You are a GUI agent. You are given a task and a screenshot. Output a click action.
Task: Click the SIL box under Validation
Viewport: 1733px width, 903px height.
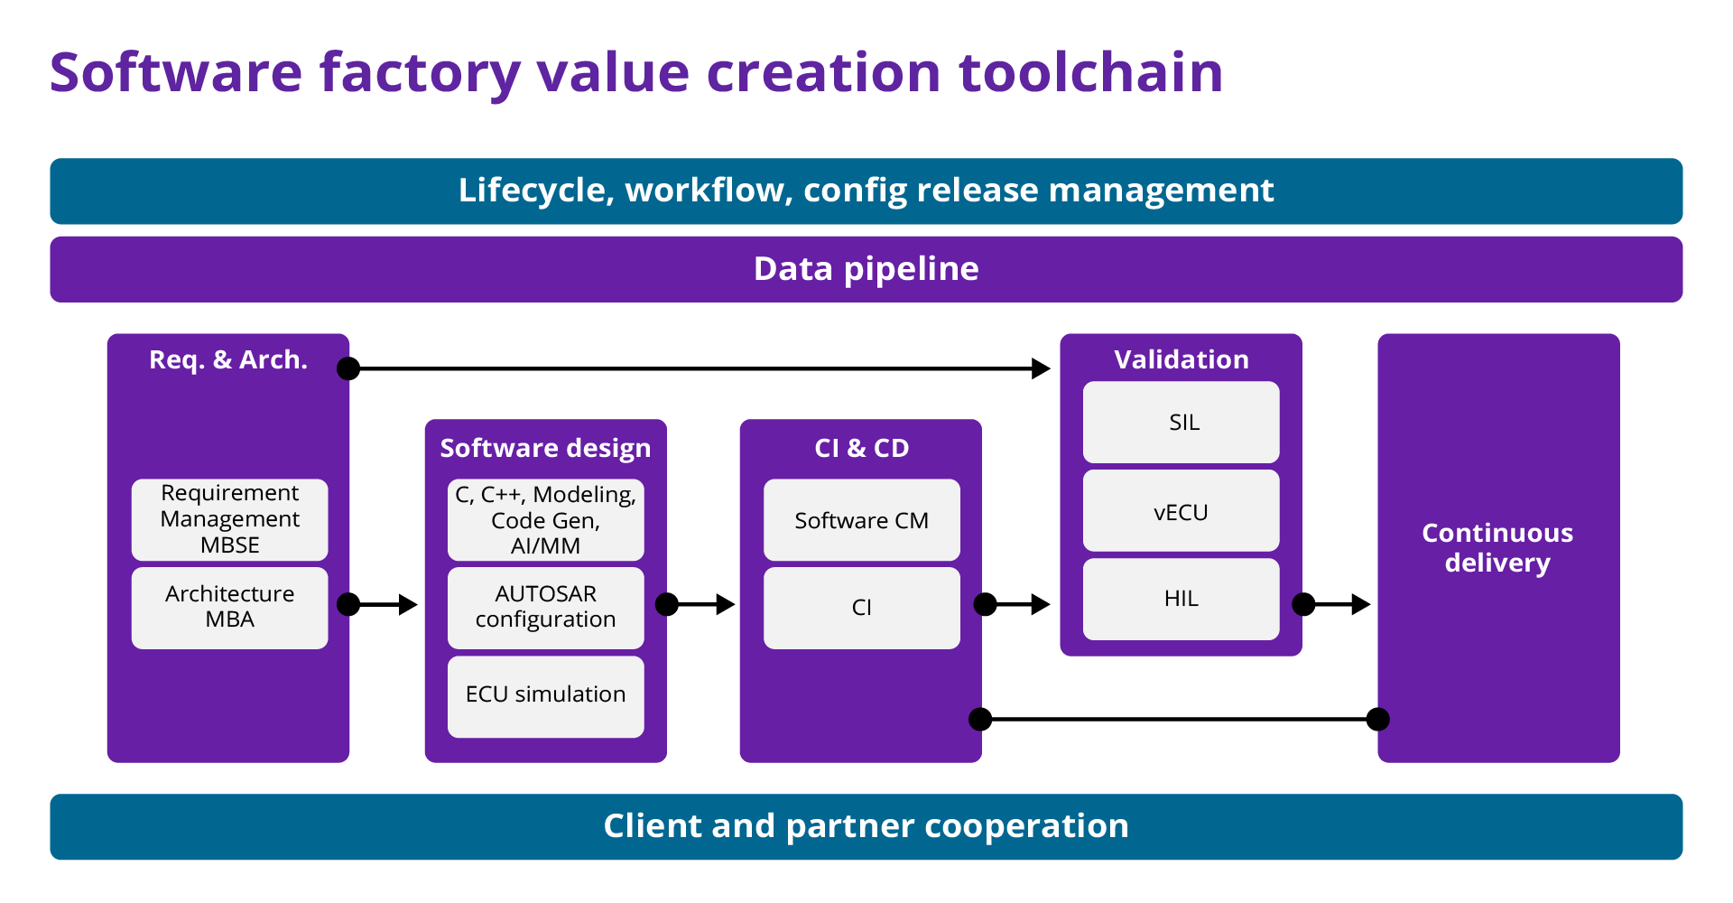(x=1181, y=423)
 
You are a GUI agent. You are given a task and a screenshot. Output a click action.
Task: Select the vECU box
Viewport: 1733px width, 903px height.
(x=1181, y=511)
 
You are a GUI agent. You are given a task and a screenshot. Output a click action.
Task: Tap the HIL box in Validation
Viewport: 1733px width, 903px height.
(x=1181, y=599)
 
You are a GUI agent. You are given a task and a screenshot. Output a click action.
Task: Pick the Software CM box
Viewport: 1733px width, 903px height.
(x=861, y=520)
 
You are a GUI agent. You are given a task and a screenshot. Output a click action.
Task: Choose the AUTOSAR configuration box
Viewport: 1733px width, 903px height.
(x=545, y=607)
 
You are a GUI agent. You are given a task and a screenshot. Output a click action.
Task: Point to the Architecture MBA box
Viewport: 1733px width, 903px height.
(x=229, y=607)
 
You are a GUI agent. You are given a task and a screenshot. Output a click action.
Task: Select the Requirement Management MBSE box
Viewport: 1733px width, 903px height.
(x=229, y=519)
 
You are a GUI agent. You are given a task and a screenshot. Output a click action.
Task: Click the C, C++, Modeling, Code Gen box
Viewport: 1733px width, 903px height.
(x=545, y=519)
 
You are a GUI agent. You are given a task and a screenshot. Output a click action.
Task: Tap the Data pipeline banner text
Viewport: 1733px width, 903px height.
(x=866, y=269)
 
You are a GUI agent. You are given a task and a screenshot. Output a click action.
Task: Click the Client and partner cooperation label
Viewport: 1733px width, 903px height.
(x=866, y=826)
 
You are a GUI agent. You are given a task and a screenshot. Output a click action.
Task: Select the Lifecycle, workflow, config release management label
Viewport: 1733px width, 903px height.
(x=866, y=191)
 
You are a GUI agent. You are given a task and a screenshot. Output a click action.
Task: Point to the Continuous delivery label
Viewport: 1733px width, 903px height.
(x=1497, y=547)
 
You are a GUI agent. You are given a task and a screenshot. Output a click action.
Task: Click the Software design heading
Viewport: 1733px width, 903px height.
(x=545, y=449)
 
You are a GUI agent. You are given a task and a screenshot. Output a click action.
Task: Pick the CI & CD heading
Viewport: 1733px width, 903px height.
(x=861, y=448)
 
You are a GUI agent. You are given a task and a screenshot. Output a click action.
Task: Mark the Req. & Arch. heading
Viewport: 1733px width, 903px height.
(x=228, y=359)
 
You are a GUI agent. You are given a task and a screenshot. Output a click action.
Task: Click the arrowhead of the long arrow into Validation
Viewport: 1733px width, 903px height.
(x=1042, y=368)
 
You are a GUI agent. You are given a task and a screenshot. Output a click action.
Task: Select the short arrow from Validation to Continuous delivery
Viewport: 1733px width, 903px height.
(x=1337, y=604)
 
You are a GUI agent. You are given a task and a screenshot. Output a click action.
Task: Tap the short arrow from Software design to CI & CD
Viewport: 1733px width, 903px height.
(x=700, y=604)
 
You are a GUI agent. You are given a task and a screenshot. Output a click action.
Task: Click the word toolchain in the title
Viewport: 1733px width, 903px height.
(x=1090, y=72)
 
